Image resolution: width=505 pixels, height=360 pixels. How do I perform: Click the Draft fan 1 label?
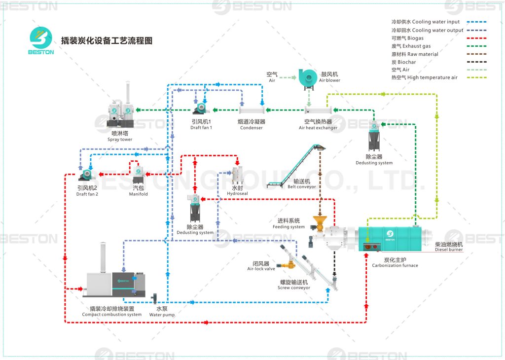tap(201, 124)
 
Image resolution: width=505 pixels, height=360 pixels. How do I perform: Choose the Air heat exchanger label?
tap(318, 125)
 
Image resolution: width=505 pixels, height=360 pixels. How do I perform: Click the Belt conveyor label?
tap(302, 184)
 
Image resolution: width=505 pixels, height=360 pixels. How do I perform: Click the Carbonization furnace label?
tap(395, 262)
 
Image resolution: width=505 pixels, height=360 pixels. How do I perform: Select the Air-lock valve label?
tap(261, 266)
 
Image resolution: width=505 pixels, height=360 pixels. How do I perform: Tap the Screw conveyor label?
tap(294, 285)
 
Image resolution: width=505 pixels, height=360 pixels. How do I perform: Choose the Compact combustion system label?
tap(111, 312)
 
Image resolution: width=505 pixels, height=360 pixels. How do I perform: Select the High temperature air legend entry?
tap(424, 77)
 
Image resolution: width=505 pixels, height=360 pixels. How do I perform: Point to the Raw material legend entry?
tap(415, 54)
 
